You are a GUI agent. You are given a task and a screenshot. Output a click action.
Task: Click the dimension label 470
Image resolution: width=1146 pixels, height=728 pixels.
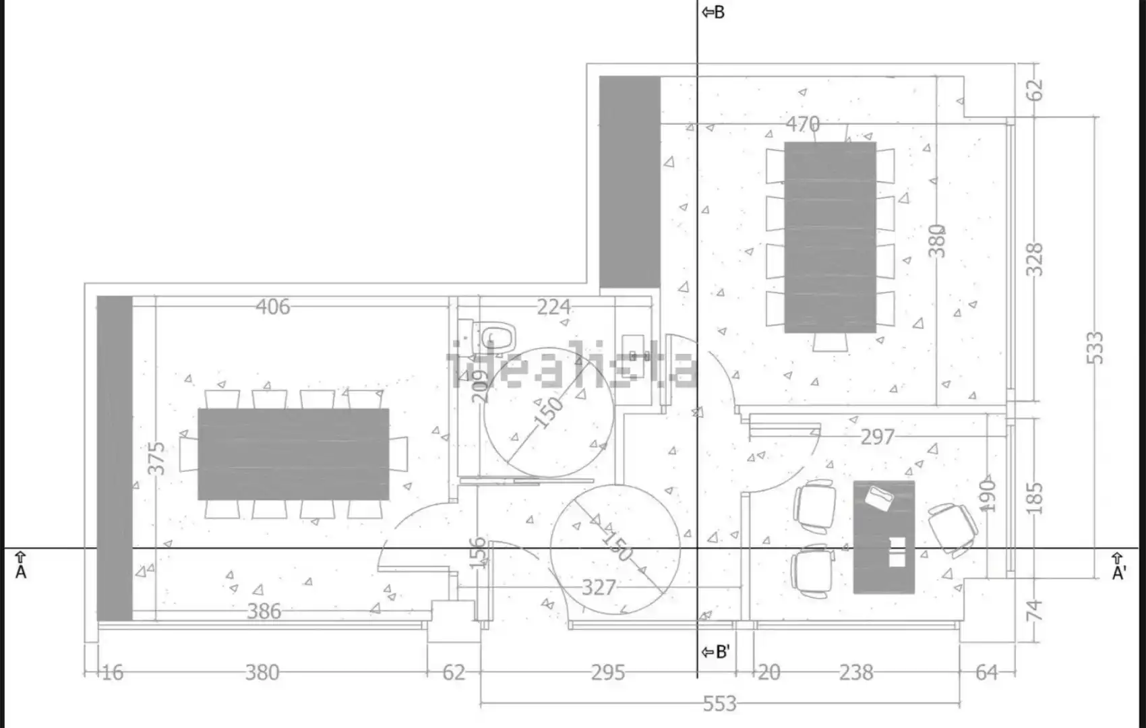[x=802, y=124]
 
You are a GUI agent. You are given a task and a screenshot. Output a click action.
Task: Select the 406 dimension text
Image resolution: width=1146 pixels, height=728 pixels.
[x=273, y=307]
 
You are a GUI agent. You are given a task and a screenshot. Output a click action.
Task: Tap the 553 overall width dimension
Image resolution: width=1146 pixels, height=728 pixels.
[x=719, y=704]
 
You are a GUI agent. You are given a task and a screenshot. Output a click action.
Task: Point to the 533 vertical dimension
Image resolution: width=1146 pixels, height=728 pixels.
[x=1095, y=348]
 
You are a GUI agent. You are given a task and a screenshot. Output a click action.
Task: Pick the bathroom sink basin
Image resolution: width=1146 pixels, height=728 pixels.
[x=636, y=355]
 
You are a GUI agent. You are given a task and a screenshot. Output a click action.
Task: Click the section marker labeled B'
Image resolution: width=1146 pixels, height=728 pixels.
[x=715, y=653]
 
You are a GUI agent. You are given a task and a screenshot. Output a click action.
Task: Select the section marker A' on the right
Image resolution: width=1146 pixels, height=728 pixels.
[x=1119, y=567]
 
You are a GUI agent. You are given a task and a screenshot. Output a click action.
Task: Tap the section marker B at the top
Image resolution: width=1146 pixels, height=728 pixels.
[x=713, y=12]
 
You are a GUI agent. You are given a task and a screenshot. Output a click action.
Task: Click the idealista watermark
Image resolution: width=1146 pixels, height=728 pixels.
[x=572, y=364]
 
